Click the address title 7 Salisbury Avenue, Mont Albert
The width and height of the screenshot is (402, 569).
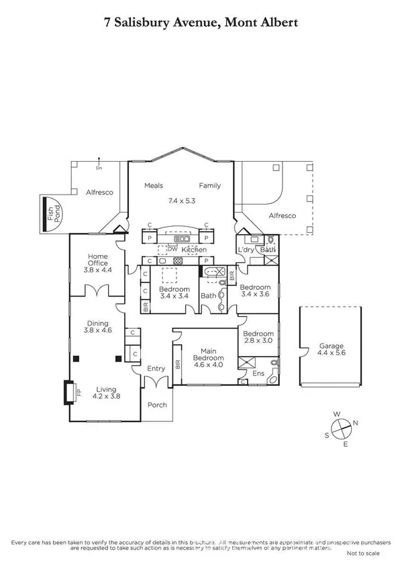(201, 22)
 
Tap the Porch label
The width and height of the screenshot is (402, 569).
(156, 405)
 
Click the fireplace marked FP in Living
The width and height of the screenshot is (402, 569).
(69, 392)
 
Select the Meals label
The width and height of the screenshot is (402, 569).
(154, 186)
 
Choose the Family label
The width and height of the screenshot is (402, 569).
(209, 186)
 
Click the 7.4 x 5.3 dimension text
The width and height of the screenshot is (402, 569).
(181, 200)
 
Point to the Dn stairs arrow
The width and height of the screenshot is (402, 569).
(99, 160)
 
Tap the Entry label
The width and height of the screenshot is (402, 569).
(156, 368)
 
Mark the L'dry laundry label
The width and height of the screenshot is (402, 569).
(246, 250)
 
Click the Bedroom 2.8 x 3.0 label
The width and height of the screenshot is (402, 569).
(258, 338)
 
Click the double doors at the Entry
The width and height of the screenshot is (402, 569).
(156, 383)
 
